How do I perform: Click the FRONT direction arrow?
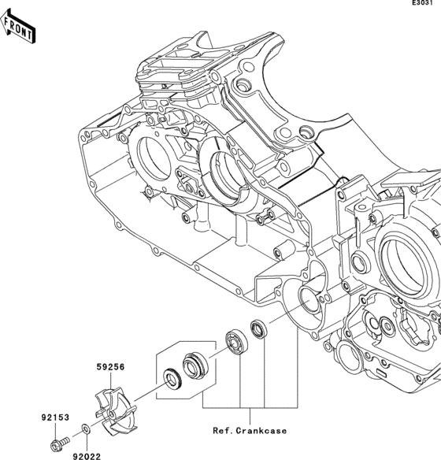[17, 27]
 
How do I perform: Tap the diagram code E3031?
[422, 2]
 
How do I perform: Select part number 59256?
[111, 367]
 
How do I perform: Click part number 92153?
[55, 417]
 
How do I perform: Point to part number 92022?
[87, 456]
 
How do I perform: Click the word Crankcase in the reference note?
[261, 431]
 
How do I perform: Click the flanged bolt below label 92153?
[60, 441]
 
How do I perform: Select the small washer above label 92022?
[86, 429]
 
